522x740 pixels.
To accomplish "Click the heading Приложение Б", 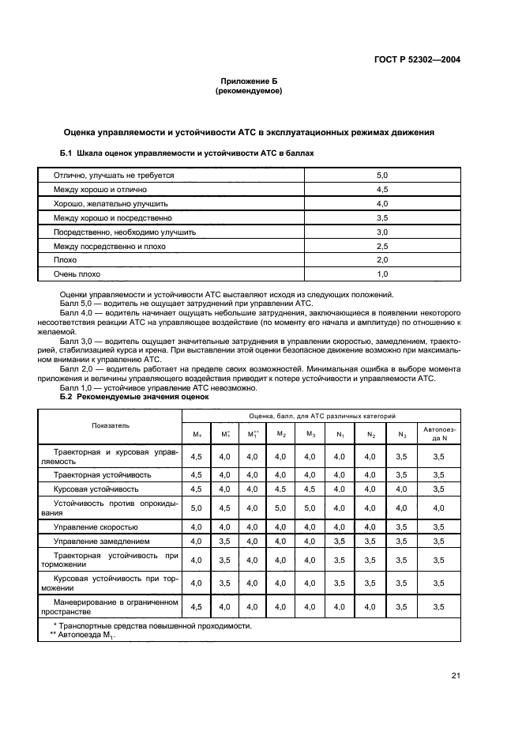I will coord(249,82).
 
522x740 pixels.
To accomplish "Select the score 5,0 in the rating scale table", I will coord(381,175).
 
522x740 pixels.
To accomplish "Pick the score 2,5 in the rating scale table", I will coord(381,246).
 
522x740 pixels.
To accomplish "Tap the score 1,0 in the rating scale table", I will coord(381,274).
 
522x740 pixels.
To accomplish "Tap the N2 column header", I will coord(369,434).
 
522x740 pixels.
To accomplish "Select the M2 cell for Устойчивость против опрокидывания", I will coord(281,508).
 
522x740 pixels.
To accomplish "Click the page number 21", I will coord(456,676).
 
